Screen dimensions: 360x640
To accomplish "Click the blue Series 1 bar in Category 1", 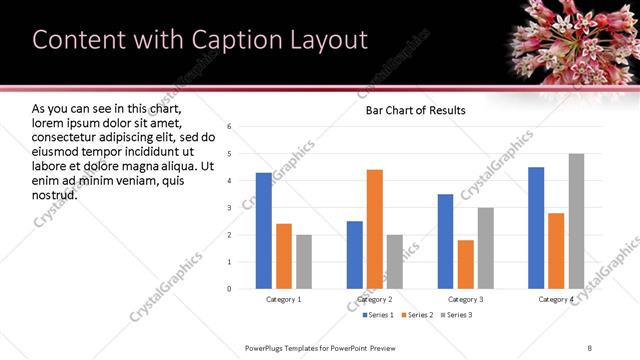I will (x=264, y=231).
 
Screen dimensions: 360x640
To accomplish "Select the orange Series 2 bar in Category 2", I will (x=375, y=229).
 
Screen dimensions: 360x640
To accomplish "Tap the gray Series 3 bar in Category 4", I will (x=576, y=221).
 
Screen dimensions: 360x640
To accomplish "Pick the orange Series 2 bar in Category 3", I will (x=466, y=264).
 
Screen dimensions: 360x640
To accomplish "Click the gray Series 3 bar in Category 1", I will (x=304, y=262).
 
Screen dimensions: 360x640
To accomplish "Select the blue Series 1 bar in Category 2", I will (x=355, y=255).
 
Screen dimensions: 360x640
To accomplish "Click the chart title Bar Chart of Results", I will (x=415, y=111).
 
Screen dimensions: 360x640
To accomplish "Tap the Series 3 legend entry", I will (x=456, y=315).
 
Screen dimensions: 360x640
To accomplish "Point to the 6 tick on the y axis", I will (x=230, y=127).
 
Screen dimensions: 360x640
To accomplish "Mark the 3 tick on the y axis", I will (x=230, y=208).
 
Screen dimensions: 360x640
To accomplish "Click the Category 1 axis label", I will (x=284, y=299).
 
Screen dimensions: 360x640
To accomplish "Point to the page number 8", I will (x=590, y=347).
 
